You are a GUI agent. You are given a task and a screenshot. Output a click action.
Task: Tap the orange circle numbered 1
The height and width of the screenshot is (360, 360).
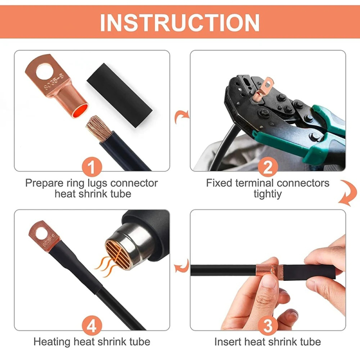point(92,168)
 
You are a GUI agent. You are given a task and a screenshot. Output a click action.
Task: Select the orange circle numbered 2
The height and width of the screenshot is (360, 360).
point(268,168)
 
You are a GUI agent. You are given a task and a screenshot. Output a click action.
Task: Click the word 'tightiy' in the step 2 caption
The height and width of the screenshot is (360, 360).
point(268,194)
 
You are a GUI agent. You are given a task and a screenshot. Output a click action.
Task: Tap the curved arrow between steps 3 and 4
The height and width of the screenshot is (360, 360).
point(181,266)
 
